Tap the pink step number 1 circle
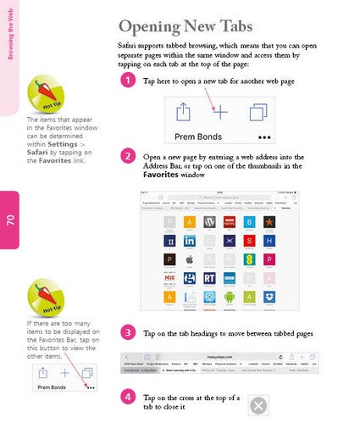[x=127, y=81]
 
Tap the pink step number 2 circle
[x=127, y=156]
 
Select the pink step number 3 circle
[x=127, y=331]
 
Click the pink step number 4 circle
[x=127, y=397]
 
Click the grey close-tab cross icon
[x=259, y=405]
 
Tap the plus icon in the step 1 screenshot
[x=219, y=112]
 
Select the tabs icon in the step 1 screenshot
[x=258, y=112]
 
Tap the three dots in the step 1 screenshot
[x=265, y=136]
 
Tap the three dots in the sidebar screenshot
[x=90, y=387]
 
